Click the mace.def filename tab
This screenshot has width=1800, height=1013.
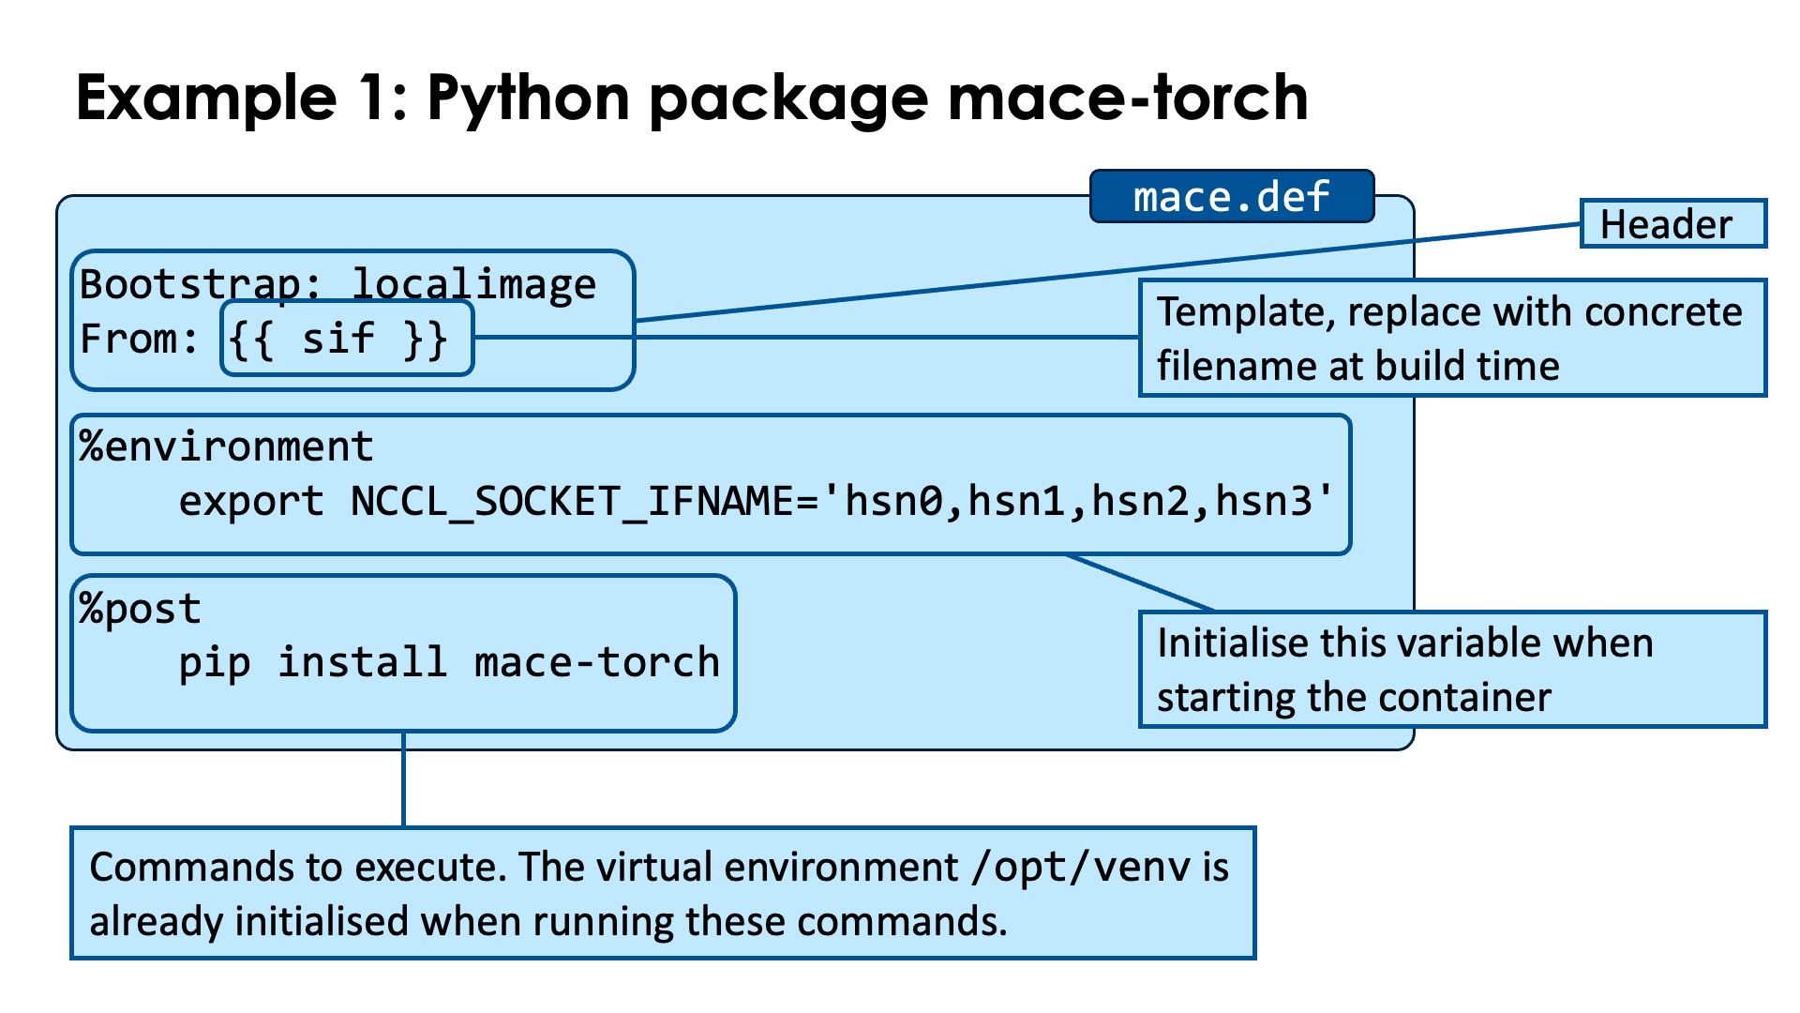click(1231, 197)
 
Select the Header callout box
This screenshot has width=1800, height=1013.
click(1672, 224)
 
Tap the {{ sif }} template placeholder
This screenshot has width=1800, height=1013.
click(338, 339)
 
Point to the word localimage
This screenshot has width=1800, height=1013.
click(473, 284)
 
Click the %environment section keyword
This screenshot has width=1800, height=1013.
click(226, 446)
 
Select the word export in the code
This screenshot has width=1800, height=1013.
click(251, 501)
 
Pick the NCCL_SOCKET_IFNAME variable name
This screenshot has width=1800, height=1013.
click(573, 501)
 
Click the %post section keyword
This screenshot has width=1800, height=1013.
click(140, 609)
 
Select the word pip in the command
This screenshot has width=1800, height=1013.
click(214, 663)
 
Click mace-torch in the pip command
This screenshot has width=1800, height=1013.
click(597, 663)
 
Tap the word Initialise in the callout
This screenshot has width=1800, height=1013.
click(1232, 643)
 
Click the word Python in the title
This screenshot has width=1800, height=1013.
click(529, 98)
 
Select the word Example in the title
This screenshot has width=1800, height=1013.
click(206, 98)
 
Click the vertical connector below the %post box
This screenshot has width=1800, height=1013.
click(403, 779)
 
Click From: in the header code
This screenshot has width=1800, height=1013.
click(139, 339)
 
